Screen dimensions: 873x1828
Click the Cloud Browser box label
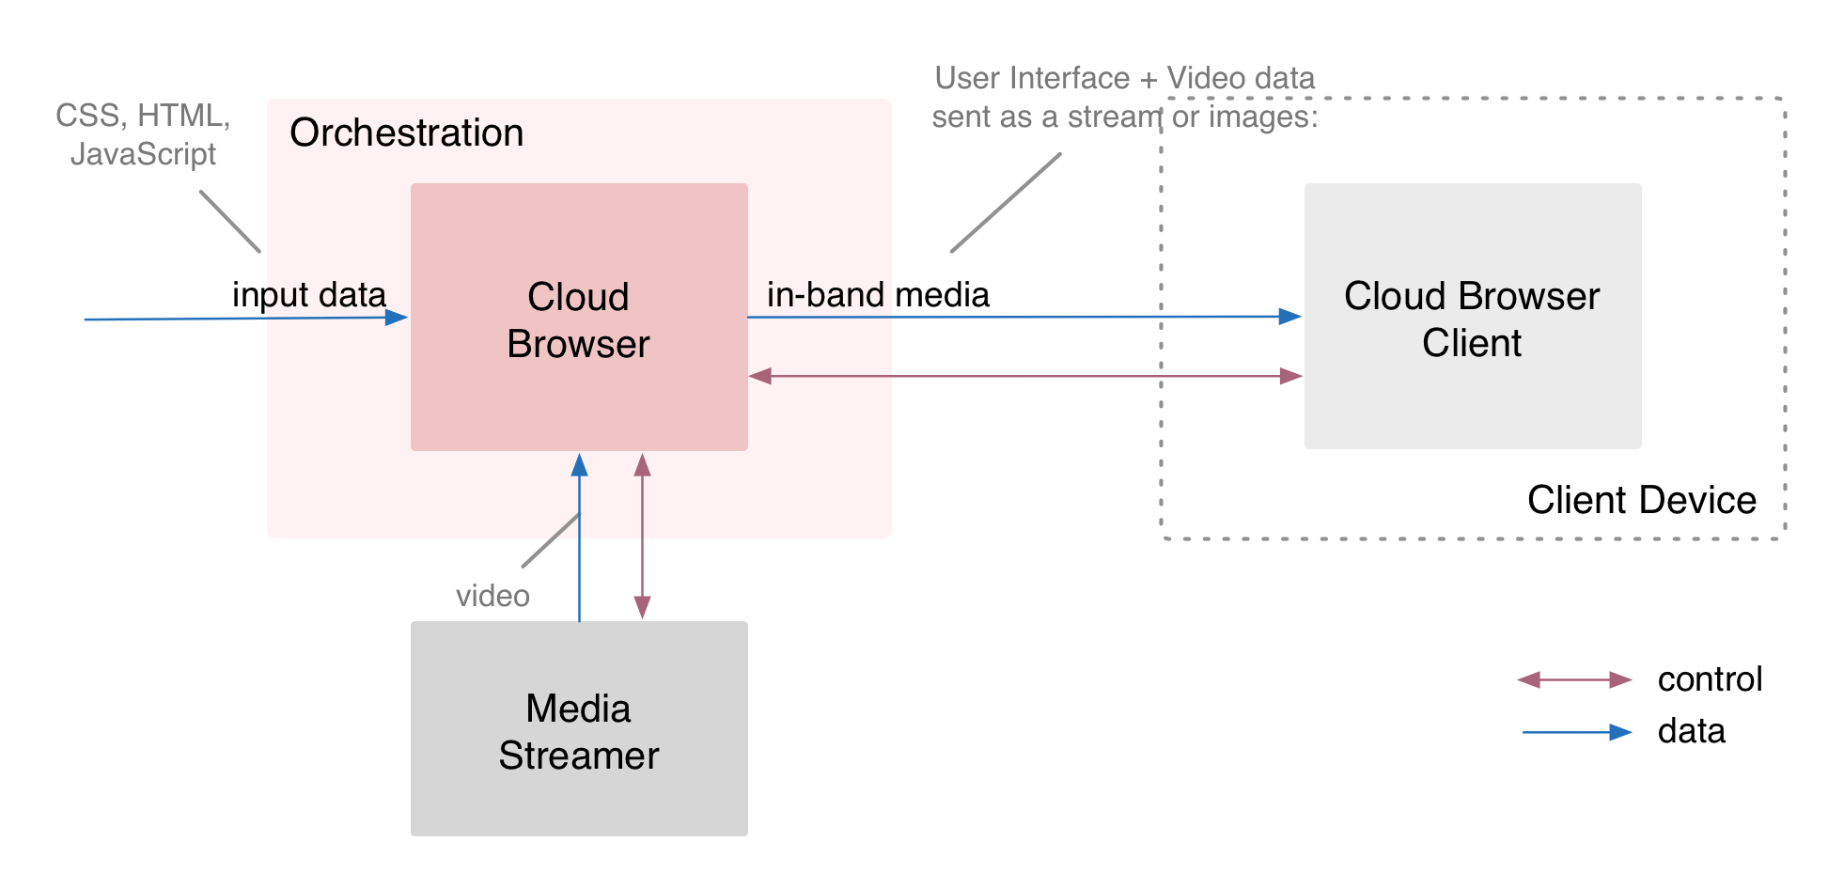click(578, 320)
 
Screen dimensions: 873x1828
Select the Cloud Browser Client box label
click(1472, 320)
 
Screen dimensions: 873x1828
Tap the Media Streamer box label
click(578, 732)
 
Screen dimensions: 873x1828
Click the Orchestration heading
click(406, 133)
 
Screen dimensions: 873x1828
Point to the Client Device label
click(1641, 500)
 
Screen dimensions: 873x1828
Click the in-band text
click(825, 295)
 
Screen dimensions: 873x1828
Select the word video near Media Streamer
click(492, 596)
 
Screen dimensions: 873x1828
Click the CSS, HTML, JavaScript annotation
click(143, 134)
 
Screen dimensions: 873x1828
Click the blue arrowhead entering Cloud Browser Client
click(1289, 317)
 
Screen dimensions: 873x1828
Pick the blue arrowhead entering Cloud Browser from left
click(397, 318)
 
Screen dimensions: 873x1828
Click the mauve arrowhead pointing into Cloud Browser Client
click(1290, 376)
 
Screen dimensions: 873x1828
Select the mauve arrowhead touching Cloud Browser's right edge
click(760, 376)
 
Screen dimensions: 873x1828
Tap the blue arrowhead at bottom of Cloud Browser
click(580, 464)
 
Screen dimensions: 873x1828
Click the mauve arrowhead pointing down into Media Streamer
click(642, 608)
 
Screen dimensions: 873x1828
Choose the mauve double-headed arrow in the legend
click(1574, 679)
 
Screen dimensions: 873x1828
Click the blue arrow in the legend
click(1576, 732)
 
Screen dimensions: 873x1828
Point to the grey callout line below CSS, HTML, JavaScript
click(229, 222)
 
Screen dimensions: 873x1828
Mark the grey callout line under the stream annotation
click(1005, 203)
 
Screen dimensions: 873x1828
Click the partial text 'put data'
click(325, 295)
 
